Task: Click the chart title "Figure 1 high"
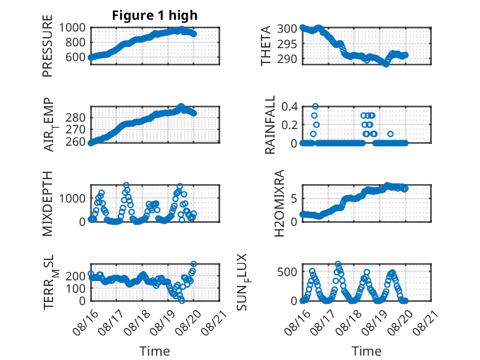(155, 15)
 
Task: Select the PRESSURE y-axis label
(48, 46)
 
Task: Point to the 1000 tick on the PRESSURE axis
(72, 28)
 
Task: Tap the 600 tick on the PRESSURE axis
(75, 57)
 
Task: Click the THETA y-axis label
(266, 46)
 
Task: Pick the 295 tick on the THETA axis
(287, 44)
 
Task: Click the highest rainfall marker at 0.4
(315, 106)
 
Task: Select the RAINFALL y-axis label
(270, 125)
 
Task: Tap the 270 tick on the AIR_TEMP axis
(75, 130)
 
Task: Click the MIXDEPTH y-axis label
(48, 204)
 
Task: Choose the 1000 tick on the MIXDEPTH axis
(72, 198)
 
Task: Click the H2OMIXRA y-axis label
(279, 203)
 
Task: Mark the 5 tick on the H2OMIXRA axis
(294, 198)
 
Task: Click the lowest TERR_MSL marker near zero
(182, 301)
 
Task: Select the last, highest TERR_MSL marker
(194, 264)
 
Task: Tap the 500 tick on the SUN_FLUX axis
(287, 272)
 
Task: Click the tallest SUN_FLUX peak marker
(337, 264)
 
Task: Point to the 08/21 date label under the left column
(214, 322)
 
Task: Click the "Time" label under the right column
(366, 351)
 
